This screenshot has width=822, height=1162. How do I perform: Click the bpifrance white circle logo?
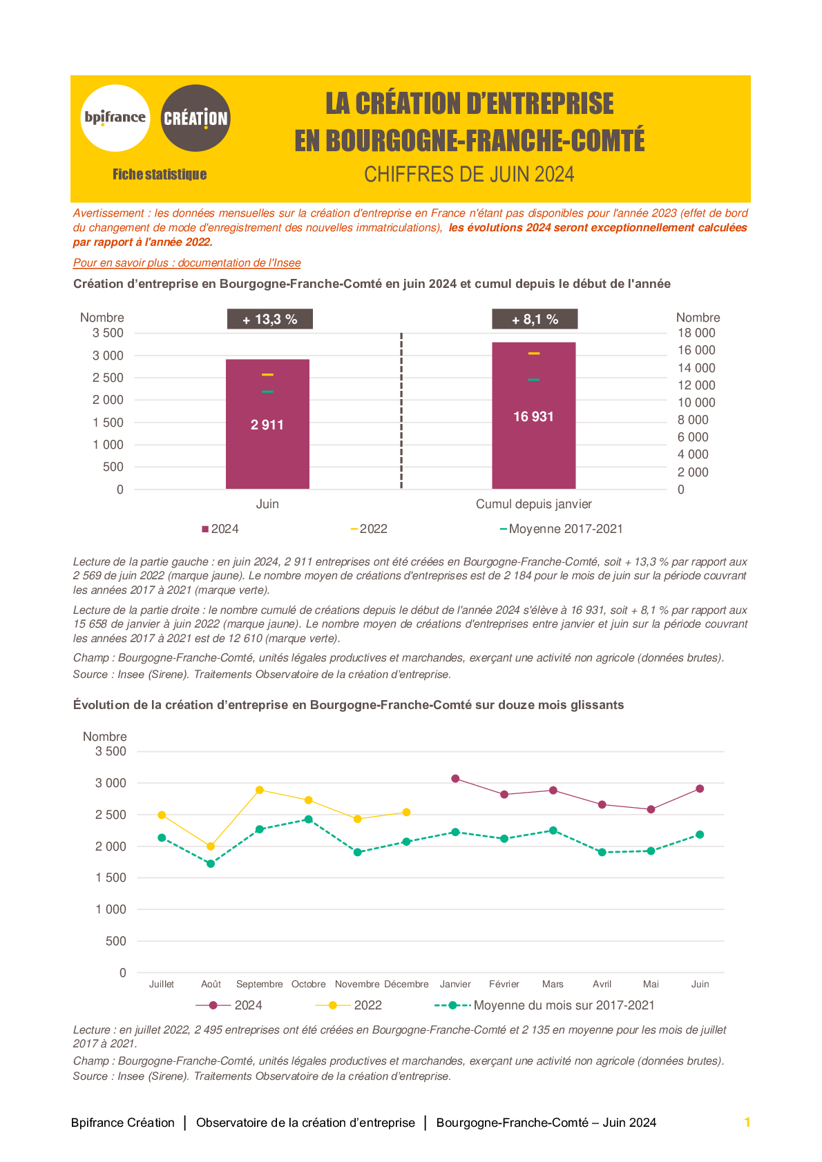tap(115, 118)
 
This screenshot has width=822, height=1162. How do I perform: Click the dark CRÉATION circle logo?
tap(195, 118)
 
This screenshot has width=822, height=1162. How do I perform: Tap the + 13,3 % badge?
tap(270, 319)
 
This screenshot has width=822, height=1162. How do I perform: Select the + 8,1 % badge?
tap(535, 319)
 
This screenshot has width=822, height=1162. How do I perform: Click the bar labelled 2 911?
tap(267, 424)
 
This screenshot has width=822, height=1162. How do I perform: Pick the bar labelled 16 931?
tap(533, 416)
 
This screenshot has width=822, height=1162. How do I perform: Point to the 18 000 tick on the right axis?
tap(696, 333)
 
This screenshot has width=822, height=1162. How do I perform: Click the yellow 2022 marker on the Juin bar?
tap(267, 374)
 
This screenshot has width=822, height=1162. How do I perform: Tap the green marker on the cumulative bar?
tap(533, 380)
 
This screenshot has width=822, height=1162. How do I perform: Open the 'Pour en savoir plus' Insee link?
tap(187, 263)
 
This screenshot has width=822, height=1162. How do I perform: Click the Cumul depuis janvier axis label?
tap(533, 504)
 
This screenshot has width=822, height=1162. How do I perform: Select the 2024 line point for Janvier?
tap(455, 779)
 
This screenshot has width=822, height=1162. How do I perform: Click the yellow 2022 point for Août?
tap(211, 846)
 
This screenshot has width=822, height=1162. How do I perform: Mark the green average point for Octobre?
tap(308, 819)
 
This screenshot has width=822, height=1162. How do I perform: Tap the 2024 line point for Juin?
tap(700, 788)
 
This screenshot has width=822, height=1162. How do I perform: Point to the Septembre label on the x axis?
tap(260, 984)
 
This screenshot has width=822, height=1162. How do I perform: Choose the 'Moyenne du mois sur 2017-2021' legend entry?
tap(544, 1005)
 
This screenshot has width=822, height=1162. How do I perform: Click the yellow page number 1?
tap(747, 1123)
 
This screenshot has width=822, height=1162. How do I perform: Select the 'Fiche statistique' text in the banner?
tap(160, 174)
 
